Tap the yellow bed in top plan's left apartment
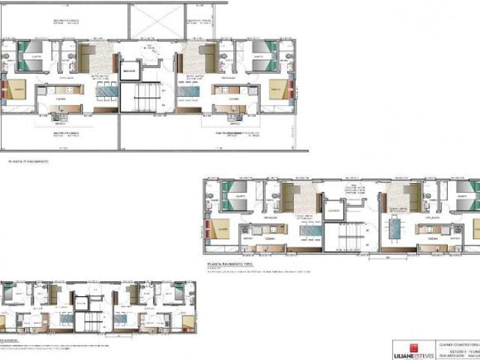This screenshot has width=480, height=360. (x=18, y=92)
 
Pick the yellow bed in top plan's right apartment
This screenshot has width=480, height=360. (x=278, y=91)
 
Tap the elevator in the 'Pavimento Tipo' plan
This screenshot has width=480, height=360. (x=334, y=212)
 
